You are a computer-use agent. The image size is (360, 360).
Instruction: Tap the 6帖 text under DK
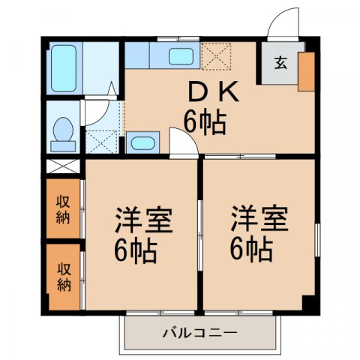click(x=204, y=121)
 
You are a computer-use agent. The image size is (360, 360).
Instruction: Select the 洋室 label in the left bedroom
click(x=143, y=223)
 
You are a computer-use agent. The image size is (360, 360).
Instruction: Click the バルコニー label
click(x=199, y=331)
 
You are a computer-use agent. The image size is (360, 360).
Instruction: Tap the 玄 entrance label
click(x=280, y=64)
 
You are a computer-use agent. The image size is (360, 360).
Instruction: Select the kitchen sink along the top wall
click(x=180, y=55)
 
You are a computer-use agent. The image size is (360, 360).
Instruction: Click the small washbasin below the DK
click(x=142, y=142)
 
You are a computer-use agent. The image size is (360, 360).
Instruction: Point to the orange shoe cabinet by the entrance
click(x=307, y=72)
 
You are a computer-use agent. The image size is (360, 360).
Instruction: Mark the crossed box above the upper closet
click(x=64, y=166)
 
